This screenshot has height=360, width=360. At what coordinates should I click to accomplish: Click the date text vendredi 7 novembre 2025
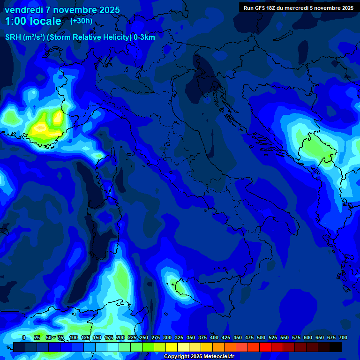click(62, 10)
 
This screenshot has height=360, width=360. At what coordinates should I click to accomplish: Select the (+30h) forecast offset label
click(81, 21)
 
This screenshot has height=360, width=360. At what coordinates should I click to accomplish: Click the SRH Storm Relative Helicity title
click(80, 37)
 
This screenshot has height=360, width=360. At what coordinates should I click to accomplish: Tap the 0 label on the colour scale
click(24, 337)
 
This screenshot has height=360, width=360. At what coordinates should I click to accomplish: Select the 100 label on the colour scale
click(73, 337)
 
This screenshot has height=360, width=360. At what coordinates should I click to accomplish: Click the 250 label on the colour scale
click(143, 337)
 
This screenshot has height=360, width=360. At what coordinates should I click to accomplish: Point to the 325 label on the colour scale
click(179, 337)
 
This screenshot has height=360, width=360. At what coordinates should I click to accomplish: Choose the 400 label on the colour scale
click(214, 337)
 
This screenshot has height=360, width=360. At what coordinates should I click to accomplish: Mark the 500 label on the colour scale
click(261, 337)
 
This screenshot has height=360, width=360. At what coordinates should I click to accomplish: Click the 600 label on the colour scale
click(308, 337)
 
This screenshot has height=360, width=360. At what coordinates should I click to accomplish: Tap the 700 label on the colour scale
click(343, 337)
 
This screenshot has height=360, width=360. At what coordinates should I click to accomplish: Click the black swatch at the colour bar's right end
click(336, 347)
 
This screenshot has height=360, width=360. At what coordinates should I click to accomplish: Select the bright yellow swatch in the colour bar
click(172, 347)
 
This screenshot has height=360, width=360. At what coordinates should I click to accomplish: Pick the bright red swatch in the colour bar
click(265, 347)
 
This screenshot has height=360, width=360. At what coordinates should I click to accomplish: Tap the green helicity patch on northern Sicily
click(177, 284)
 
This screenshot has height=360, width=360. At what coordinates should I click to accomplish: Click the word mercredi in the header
click(303, 8)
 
